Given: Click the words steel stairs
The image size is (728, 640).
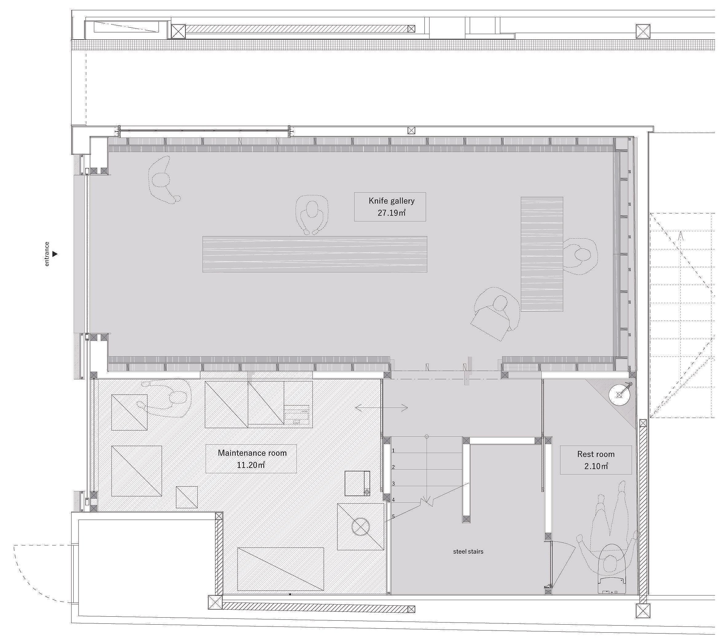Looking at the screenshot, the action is tap(468, 551).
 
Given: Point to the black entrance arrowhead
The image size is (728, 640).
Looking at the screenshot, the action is tap(55, 254).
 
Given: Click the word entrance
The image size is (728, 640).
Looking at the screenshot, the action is tap(47, 254).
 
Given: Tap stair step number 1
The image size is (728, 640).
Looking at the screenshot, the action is tap(393, 451).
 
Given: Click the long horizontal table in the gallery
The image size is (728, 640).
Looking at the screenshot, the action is tap(315, 254).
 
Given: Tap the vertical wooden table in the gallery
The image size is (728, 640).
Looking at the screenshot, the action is tap(542, 254).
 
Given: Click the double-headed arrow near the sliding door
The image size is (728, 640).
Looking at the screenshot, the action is tap(381, 408).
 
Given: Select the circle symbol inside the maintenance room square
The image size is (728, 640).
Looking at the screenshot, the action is tap(360, 527).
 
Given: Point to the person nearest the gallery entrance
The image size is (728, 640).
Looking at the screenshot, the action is tap(164, 180).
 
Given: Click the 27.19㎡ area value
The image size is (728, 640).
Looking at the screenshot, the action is tap(391, 213).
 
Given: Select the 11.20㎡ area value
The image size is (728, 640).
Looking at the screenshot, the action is tap(251, 465).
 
